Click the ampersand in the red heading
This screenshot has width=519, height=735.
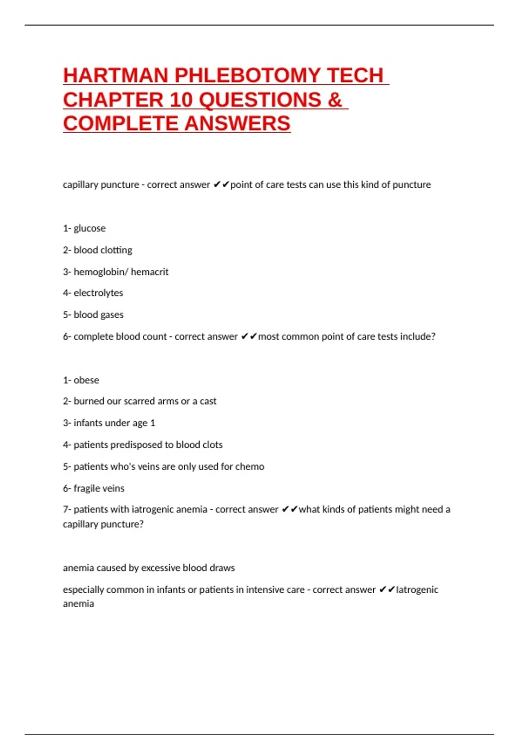(335, 100)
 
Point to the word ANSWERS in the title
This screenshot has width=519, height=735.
(237, 124)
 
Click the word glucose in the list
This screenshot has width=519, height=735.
(90, 228)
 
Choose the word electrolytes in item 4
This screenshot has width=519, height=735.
(98, 293)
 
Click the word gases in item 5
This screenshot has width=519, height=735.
(112, 315)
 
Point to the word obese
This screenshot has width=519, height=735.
(86, 380)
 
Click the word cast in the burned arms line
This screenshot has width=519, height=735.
(208, 401)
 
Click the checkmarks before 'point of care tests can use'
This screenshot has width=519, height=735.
(221, 185)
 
